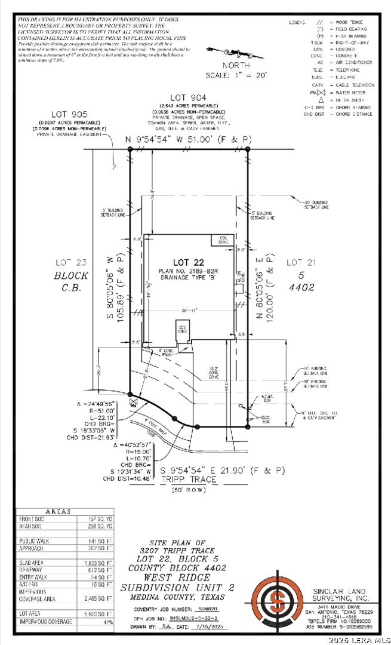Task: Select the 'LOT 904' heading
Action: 188,98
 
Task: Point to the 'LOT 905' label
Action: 70,114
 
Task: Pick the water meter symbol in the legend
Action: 321,93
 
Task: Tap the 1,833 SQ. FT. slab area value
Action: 97,563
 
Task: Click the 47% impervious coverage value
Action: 107,622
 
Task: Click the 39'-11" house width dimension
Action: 190,309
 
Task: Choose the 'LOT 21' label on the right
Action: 297,262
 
